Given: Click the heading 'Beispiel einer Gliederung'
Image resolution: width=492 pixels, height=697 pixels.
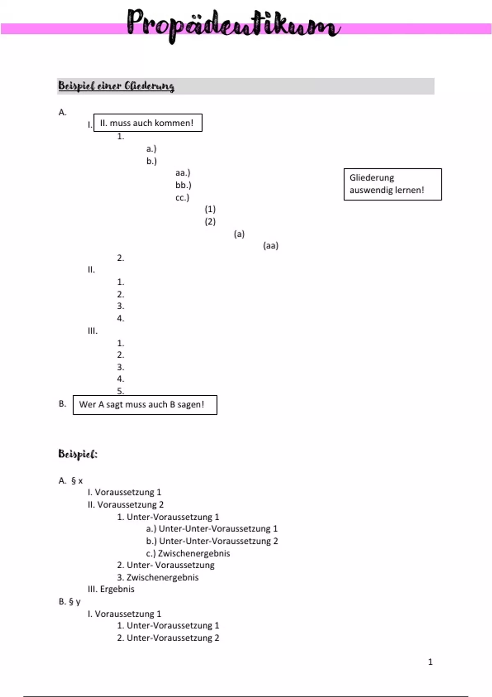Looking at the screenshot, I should point(116,86).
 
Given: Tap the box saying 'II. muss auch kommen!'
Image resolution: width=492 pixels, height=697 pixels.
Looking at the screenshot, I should point(148,123).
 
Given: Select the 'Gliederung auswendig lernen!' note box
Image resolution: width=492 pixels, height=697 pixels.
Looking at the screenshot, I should point(392,184).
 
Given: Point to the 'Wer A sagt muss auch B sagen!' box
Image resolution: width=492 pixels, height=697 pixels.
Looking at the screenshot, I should point(145,405).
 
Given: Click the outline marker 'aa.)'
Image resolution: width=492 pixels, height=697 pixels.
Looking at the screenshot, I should point(183,173).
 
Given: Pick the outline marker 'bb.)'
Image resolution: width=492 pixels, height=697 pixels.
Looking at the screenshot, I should point(183,185).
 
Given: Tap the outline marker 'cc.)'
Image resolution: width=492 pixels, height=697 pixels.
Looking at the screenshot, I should point(182,198).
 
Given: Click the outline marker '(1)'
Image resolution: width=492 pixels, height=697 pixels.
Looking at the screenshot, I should point(210,210).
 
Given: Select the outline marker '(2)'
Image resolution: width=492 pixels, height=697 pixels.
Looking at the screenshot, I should point(210,222).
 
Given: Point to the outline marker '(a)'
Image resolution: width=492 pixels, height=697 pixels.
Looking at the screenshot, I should point(239,234).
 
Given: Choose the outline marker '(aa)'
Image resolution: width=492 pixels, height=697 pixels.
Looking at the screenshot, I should point(271,246).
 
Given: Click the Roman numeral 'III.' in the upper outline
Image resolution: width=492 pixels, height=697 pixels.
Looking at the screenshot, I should point(93,331).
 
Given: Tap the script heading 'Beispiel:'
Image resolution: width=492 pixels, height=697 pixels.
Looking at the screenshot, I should point(78,454).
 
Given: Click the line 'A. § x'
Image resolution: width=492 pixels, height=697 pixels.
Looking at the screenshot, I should point(71,481).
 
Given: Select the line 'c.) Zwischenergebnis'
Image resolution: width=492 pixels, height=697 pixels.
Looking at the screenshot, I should point(188,553).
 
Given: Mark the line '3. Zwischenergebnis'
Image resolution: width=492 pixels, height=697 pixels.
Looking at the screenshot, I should point(158,577).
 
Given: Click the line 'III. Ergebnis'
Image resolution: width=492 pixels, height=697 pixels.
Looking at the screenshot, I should point(111,589).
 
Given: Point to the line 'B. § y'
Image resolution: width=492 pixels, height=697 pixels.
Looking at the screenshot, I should point(70,601).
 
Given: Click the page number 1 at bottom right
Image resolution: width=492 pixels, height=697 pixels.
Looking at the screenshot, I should point(430,662).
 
